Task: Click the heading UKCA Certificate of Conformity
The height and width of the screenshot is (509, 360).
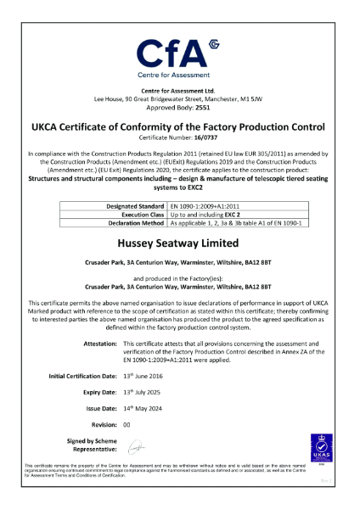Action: coord(178,126)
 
